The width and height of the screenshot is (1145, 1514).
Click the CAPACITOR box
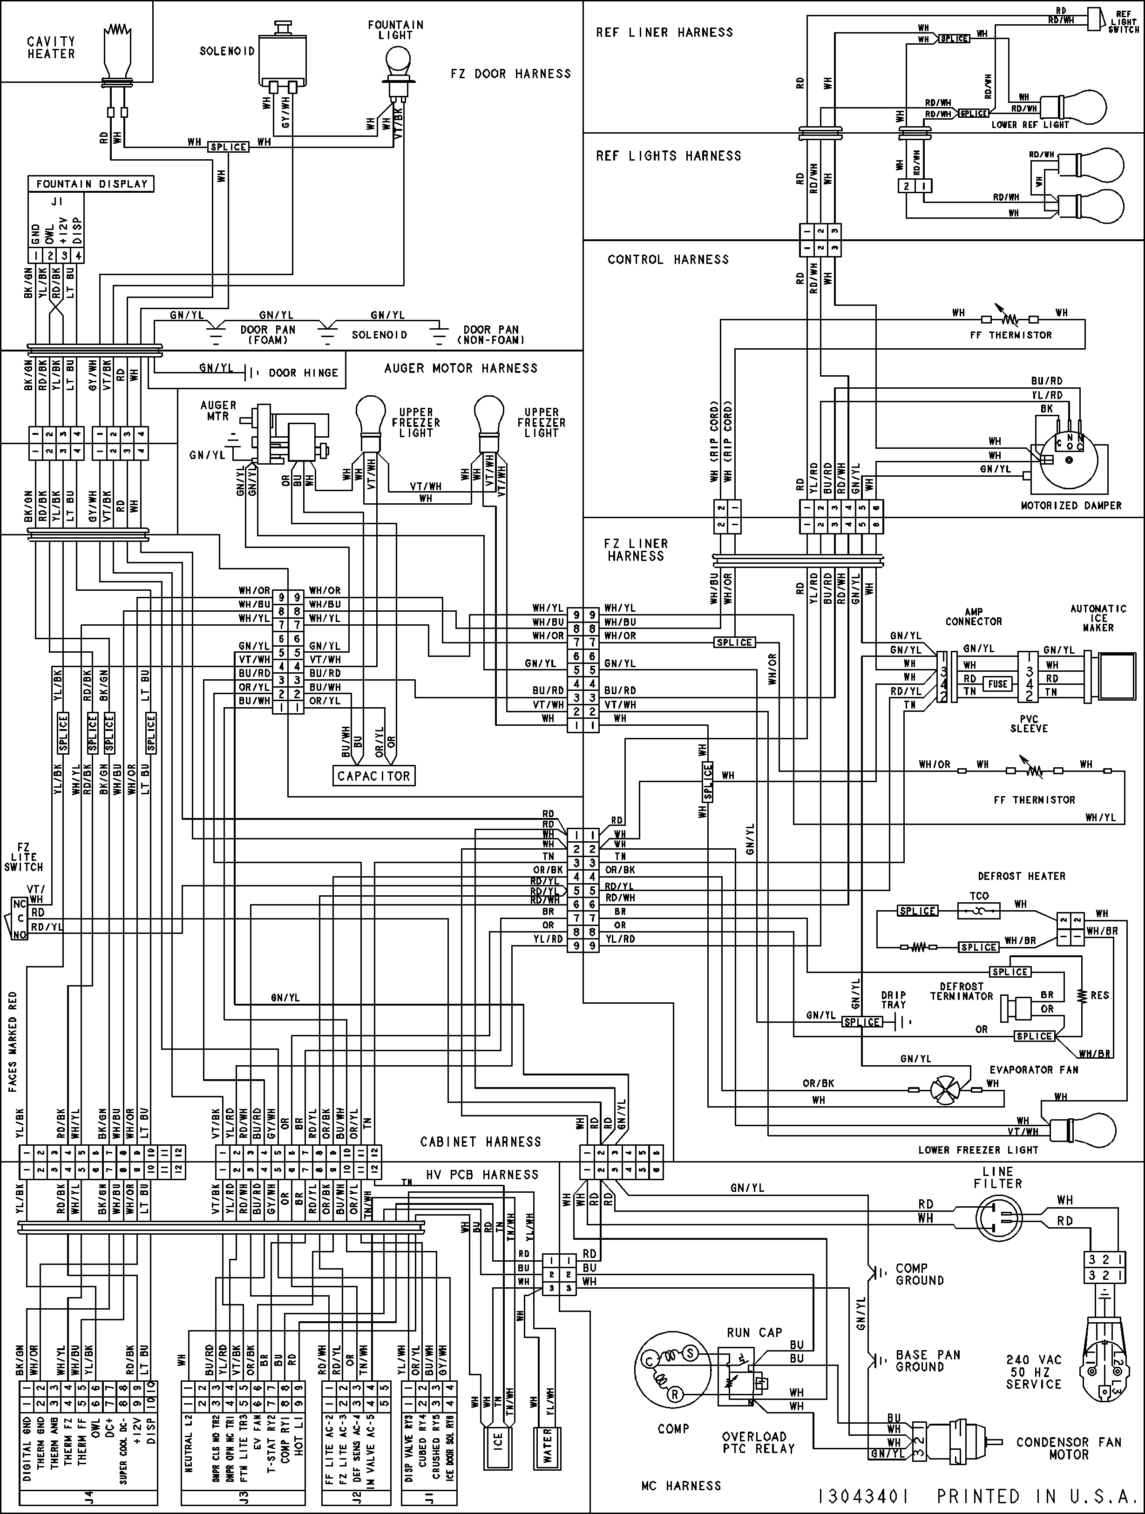coord(373,776)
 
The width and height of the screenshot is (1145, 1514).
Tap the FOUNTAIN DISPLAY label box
coord(91,183)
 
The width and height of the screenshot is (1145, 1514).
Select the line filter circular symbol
coord(998,1218)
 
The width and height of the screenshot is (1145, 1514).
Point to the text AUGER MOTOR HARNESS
coord(461,368)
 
